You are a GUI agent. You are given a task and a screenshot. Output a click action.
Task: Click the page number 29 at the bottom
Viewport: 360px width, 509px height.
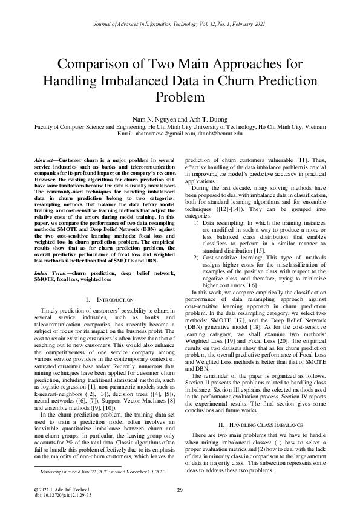(x=180, y=490)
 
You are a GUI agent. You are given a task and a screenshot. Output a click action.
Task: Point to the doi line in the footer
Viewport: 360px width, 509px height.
(x=63, y=495)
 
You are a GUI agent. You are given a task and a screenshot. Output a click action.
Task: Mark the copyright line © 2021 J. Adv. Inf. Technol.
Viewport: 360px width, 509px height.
(x=63, y=489)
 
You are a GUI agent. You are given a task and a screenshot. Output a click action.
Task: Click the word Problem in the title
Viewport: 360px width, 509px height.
(x=180, y=97)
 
